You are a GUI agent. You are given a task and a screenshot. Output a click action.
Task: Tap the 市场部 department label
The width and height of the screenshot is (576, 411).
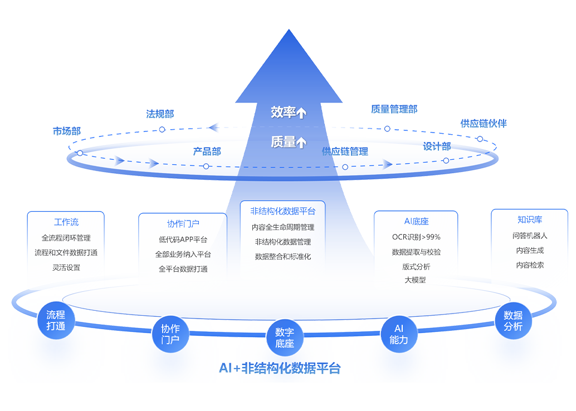pyautogui.click(x=67, y=131)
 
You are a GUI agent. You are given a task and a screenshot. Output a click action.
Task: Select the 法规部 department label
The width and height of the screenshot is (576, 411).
pyautogui.click(x=160, y=114)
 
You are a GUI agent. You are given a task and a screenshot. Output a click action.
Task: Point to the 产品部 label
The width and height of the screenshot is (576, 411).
pyautogui.click(x=207, y=151)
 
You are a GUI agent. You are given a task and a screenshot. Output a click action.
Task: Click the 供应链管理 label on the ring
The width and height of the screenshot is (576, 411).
pyautogui.click(x=345, y=151)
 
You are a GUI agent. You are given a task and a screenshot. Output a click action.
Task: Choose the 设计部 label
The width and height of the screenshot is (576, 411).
pyautogui.click(x=436, y=146)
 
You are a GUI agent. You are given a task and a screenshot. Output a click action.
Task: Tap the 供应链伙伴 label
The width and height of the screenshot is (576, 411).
pyautogui.click(x=484, y=123)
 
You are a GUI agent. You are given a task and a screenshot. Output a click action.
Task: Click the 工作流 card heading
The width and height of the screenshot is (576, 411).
pyautogui.click(x=66, y=222)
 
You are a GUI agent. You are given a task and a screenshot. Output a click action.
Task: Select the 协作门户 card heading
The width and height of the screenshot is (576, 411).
pyautogui.click(x=183, y=224)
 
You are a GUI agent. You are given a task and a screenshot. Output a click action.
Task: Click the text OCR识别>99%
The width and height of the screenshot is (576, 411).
pyautogui.click(x=416, y=237)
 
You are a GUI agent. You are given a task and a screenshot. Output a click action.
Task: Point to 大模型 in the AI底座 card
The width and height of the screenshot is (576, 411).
pyautogui.click(x=416, y=280)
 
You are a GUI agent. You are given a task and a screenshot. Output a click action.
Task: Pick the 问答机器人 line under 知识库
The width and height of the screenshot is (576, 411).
pyautogui.click(x=530, y=236)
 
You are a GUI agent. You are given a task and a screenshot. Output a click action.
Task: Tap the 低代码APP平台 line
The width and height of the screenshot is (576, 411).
pyautogui.click(x=183, y=240)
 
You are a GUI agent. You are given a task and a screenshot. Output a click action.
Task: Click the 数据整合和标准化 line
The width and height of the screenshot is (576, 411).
pyautogui.click(x=283, y=257)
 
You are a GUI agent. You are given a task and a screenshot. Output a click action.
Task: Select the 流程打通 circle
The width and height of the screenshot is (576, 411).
pyautogui.click(x=56, y=320)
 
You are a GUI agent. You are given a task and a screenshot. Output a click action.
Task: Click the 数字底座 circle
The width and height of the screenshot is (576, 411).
pyautogui.click(x=284, y=337)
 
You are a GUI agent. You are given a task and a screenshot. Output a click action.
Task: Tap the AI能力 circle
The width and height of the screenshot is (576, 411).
pyautogui.click(x=399, y=334)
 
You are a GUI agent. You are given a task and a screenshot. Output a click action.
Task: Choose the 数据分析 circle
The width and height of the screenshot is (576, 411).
pyautogui.click(x=513, y=321)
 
